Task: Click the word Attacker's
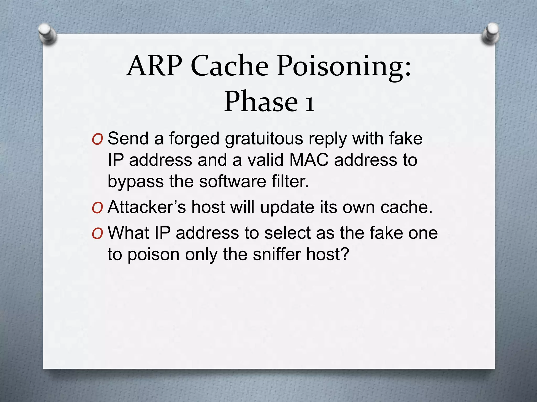coord(147,207)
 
